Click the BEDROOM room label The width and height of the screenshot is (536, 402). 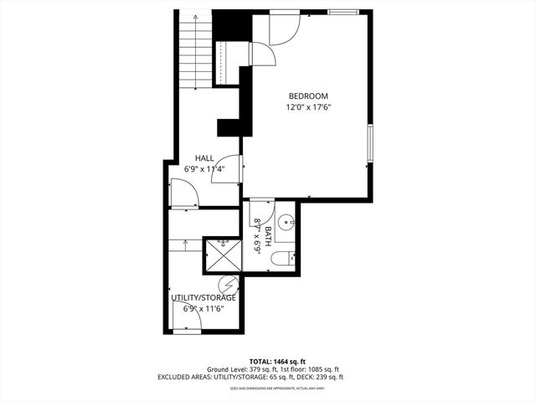(308, 96)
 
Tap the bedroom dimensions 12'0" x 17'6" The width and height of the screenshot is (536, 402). (308, 107)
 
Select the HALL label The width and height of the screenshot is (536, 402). (204, 157)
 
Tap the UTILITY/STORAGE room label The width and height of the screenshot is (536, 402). (204, 297)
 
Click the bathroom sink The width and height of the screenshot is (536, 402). (286, 223)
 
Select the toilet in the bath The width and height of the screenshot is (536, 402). (282, 258)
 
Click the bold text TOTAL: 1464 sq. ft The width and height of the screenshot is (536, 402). (267, 359)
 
